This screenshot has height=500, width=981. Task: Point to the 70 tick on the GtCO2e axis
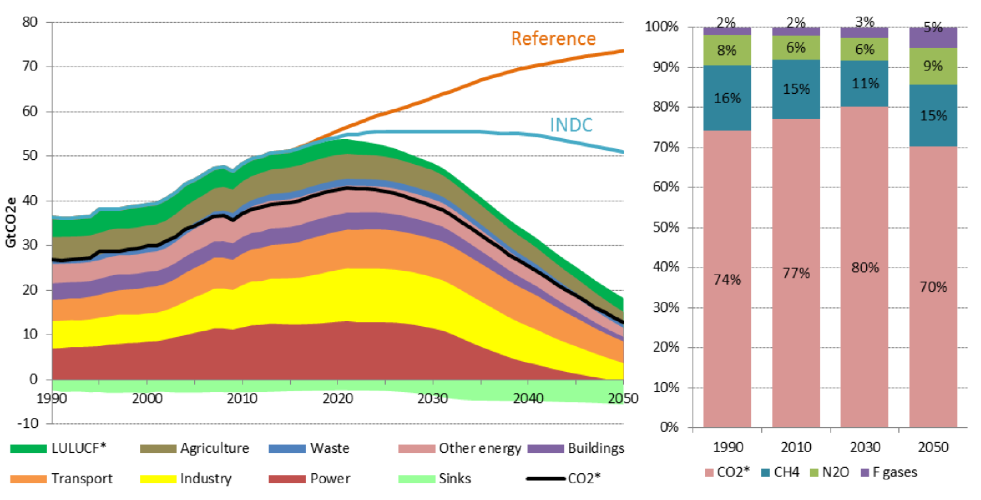coord(30,66)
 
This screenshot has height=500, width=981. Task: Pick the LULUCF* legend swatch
coord(28,448)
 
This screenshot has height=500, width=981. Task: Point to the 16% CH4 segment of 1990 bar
coord(727,98)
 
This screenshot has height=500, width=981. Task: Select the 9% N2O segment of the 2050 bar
coord(933,66)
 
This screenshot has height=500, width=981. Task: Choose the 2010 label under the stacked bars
coord(796,447)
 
